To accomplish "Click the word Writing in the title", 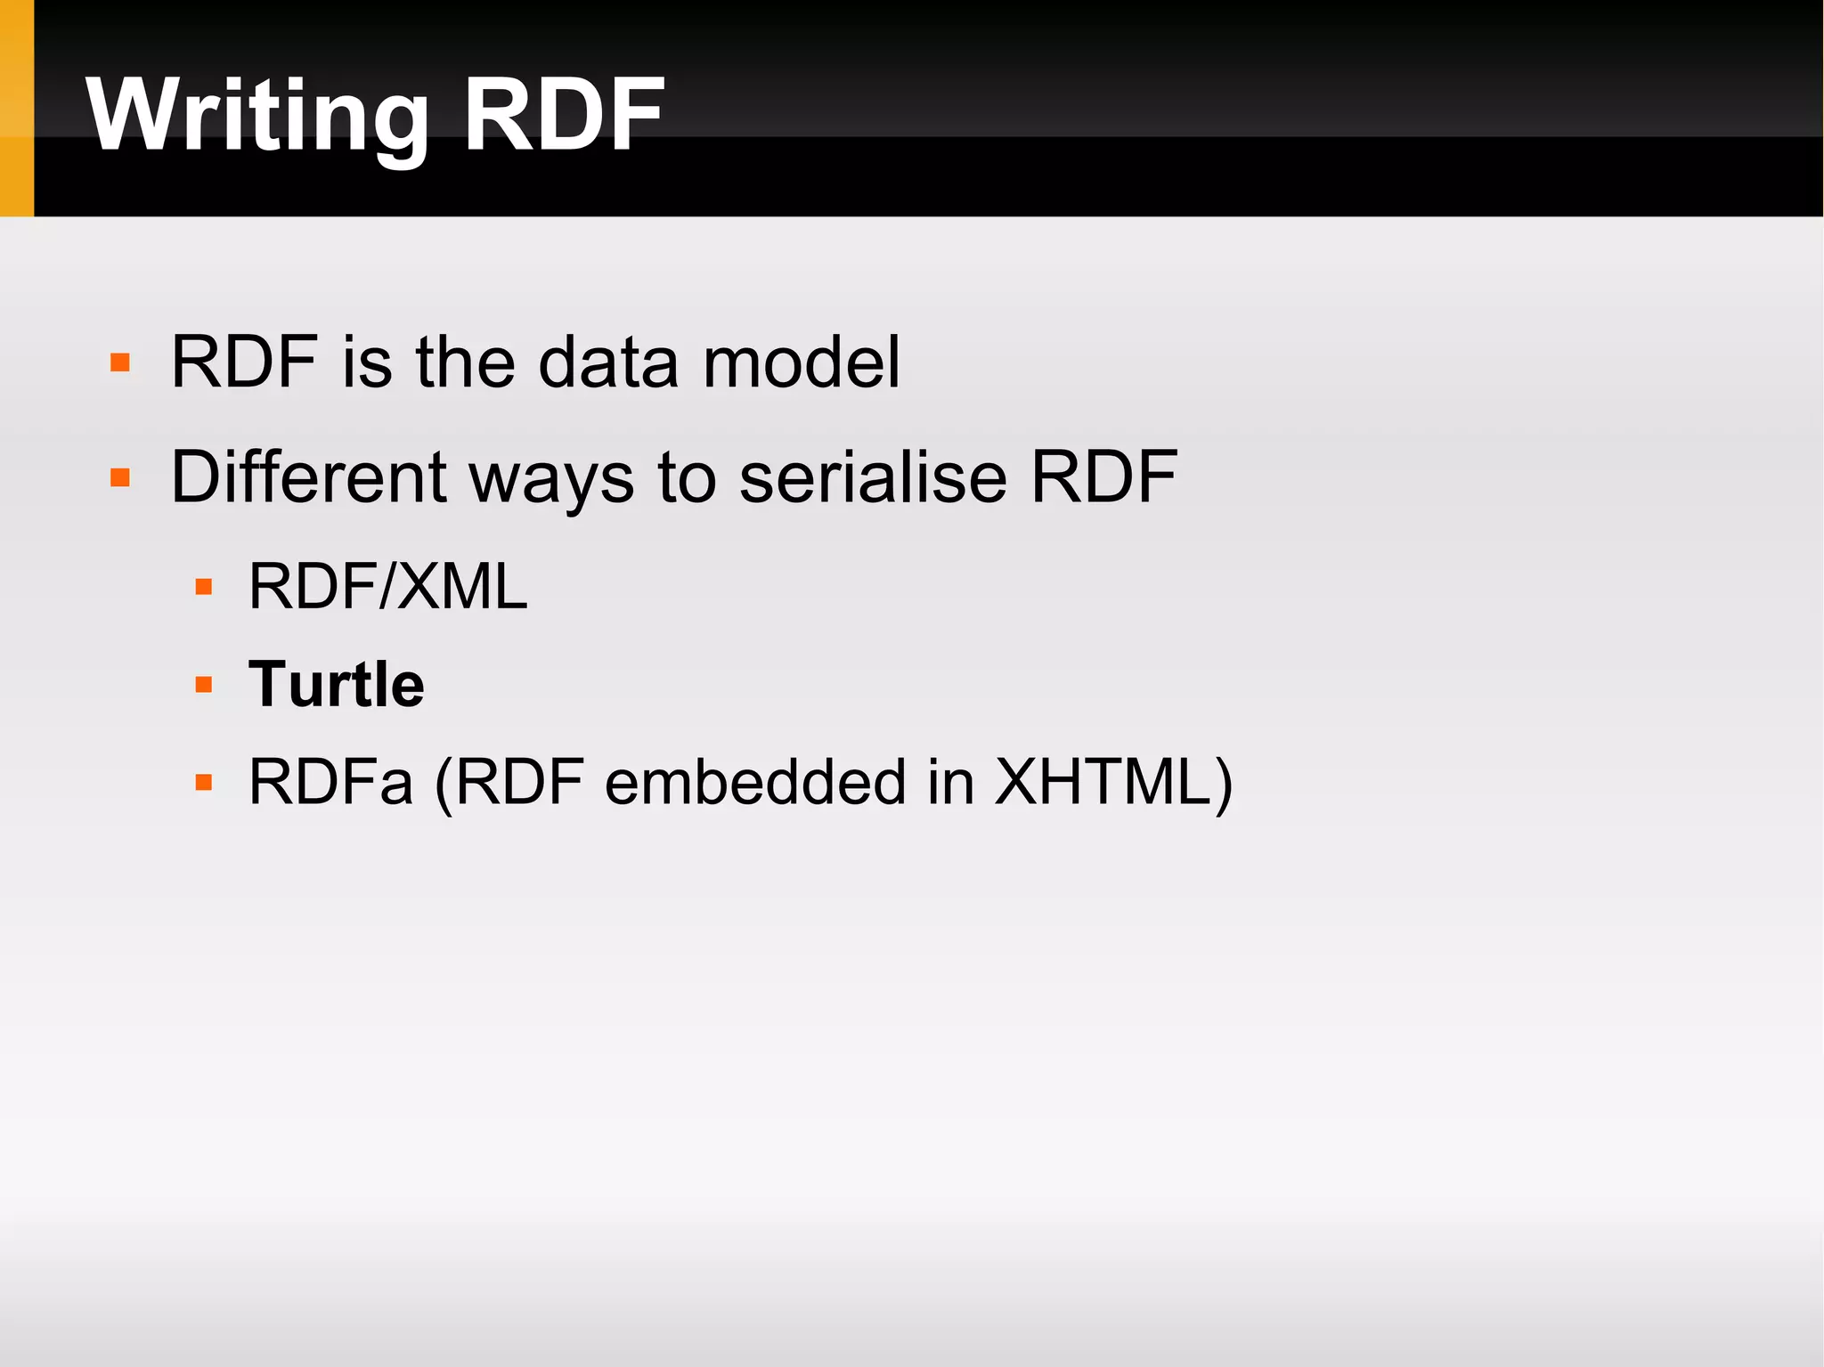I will tap(258, 116).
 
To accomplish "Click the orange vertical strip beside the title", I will tap(16, 108).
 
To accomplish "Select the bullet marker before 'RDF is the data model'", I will tap(120, 363).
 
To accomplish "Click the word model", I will tap(802, 362).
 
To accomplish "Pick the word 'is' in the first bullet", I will tap(367, 362).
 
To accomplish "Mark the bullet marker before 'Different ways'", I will tap(120, 478).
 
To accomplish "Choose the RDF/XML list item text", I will tap(387, 586).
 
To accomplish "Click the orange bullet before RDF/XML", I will tap(204, 587).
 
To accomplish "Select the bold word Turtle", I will tap(336, 684).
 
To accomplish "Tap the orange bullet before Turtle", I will tap(204, 685).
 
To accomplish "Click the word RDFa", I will tap(330, 782).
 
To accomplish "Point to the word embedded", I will tap(755, 782).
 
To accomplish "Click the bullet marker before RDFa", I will tap(204, 783).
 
